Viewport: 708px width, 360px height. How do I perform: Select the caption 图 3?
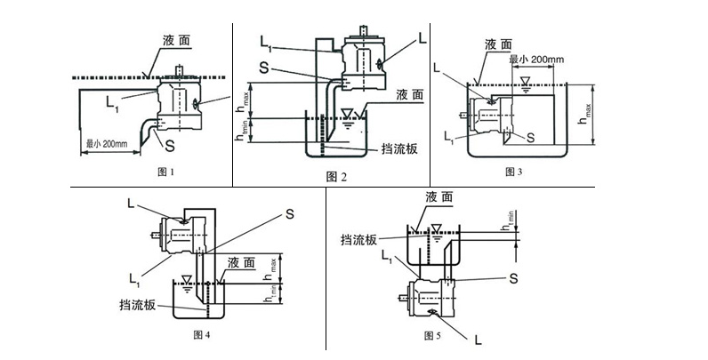pos(513,170)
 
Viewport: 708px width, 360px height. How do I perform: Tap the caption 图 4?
pos(202,335)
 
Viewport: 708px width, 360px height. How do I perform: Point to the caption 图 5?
pos(433,335)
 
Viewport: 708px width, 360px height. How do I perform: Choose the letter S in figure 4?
pos(289,212)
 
